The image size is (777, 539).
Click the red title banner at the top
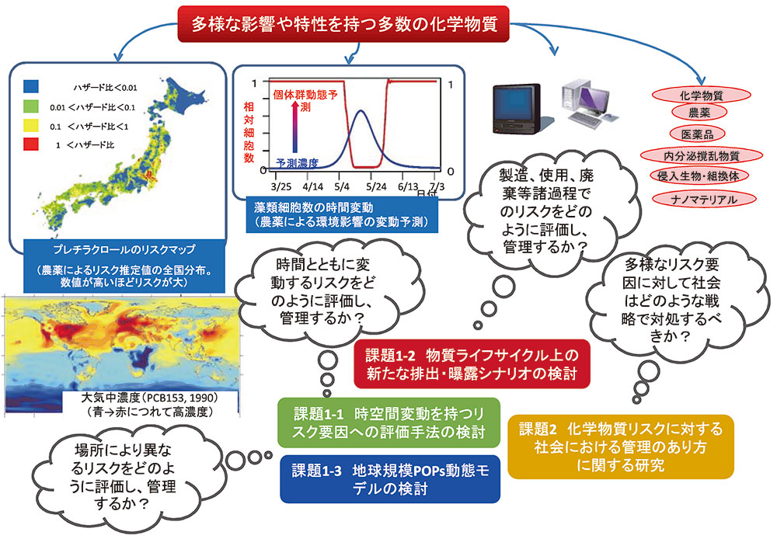coord(343,24)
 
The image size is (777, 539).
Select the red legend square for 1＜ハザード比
coord(31,144)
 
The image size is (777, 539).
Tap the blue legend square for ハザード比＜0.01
coord(31,87)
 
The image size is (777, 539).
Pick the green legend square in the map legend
coord(31,106)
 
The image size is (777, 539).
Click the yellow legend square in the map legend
coord(31,125)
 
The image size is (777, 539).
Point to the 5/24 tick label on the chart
coord(376,186)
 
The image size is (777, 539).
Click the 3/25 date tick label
coord(281,186)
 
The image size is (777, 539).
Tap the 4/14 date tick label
coord(312,186)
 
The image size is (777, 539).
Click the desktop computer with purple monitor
coord(590,103)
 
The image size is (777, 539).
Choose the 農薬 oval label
coord(699,113)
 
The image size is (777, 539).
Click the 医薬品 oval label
coord(697,134)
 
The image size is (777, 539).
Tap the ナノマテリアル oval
coord(704,199)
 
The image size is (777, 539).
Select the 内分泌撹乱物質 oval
coord(701,155)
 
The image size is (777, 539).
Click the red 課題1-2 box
coord(472,364)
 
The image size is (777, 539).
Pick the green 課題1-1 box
coord(389,423)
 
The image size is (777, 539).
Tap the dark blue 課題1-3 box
coord(390,479)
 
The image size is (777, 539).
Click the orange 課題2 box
coord(620,447)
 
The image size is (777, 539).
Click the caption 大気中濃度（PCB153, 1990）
coord(150,398)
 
